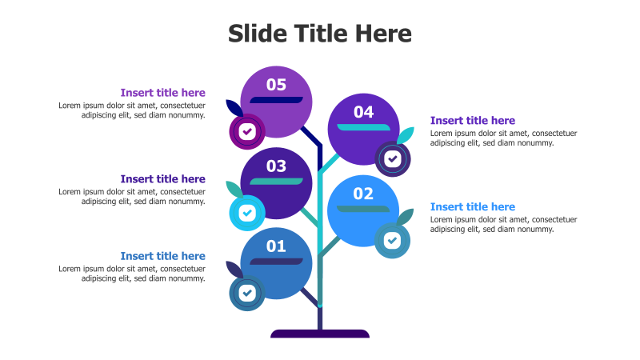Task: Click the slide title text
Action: click(x=320, y=34)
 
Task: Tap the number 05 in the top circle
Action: click(x=276, y=85)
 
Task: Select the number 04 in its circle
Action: click(x=363, y=112)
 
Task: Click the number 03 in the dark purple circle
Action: click(x=276, y=166)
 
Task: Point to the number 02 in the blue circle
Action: click(x=363, y=194)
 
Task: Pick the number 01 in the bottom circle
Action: click(x=276, y=246)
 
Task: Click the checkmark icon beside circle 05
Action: click(x=247, y=131)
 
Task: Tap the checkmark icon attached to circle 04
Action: click(x=392, y=158)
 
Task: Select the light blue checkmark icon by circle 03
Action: click(x=247, y=213)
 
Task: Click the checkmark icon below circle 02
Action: click(x=392, y=240)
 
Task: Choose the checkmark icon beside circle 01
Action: click(x=247, y=293)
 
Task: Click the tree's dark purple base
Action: click(x=320, y=334)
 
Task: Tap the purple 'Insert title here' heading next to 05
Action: click(x=162, y=93)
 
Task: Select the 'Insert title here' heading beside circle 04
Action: click(x=473, y=121)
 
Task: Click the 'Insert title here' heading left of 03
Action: click(x=162, y=179)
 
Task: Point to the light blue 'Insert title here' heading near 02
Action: click(x=473, y=207)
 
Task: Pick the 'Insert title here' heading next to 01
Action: click(x=162, y=257)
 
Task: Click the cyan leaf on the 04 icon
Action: click(x=406, y=135)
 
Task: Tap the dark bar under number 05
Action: click(x=276, y=100)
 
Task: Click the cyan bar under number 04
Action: click(x=367, y=127)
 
